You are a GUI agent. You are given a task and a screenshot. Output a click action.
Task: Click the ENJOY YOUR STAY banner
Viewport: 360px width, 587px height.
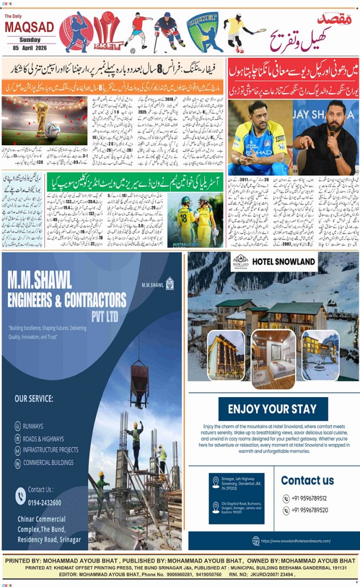(x=272, y=409)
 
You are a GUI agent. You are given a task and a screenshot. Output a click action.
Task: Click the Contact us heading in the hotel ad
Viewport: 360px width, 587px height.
(x=307, y=480)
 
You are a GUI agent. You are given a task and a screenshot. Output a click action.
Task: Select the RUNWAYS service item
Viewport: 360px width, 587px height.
(x=33, y=425)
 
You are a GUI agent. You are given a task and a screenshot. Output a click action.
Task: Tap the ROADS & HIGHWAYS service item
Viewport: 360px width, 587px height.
(x=43, y=438)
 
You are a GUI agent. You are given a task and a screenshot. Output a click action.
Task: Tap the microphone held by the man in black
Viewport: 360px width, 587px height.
(x=332, y=133)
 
